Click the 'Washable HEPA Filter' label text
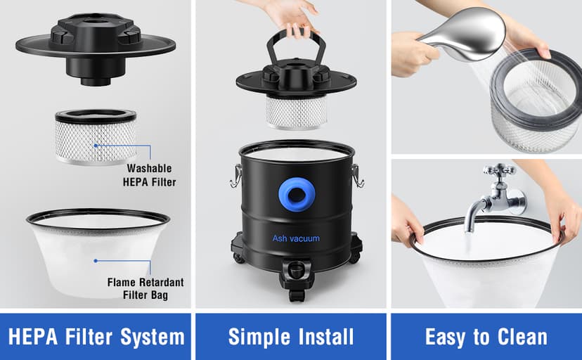tap(150, 175)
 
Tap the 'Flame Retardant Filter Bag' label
tap(145, 288)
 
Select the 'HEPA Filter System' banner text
tap(96, 336)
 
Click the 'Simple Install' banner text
tap(291, 336)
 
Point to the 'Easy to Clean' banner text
tap(486, 336)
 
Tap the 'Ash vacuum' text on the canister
tap(296, 238)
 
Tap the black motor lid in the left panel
tap(95, 49)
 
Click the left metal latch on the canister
tap(235, 176)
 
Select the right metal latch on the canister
tap(358, 176)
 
